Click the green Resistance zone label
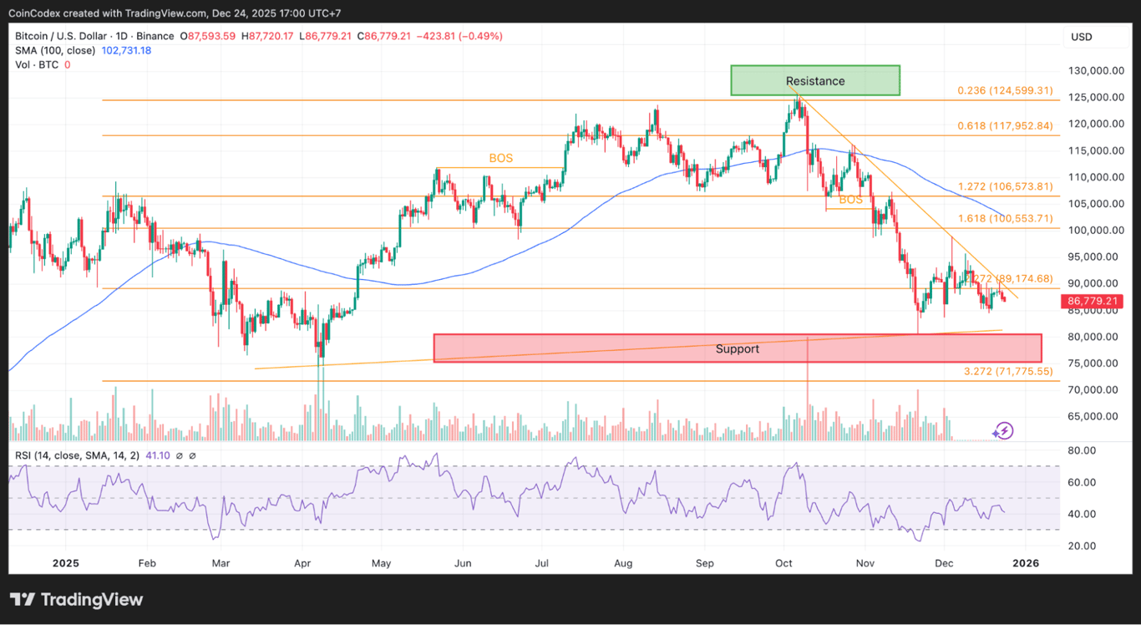pyautogui.click(x=814, y=81)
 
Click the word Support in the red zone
pyautogui.click(x=737, y=348)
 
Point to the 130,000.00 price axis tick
pyautogui.click(x=1093, y=71)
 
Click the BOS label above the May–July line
pyautogui.click(x=500, y=158)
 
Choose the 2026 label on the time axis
pyautogui.click(x=1025, y=563)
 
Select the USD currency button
pyautogui.click(x=1081, y=37)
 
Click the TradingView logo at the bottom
pyautogui.click(x=76, y=599)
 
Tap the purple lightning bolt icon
pyautogui.click(x=1003, y=430)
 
